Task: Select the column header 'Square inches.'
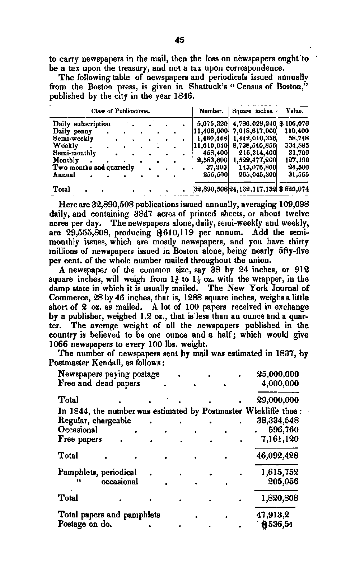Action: (253, 111)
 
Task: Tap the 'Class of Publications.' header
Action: (120, 111)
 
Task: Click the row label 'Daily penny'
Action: (73, 131)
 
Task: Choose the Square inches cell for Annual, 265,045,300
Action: (254, 175)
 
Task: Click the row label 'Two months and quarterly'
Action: (93, 168)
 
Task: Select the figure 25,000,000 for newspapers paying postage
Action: (278, 374)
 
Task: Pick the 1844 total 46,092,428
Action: (277, 456)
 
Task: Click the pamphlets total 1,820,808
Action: (280, 498)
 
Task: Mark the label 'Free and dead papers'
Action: (99, 383)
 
